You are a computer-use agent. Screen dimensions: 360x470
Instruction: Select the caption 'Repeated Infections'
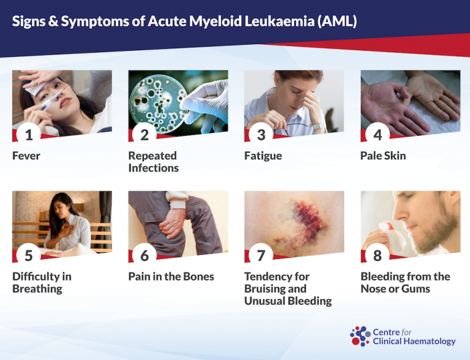[153, 162]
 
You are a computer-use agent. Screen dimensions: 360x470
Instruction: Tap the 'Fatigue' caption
[263, 156]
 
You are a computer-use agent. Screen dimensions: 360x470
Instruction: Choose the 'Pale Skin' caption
[383, 156]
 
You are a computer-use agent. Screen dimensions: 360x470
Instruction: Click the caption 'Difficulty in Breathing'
[42, 282]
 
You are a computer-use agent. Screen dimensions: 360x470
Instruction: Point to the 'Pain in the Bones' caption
[171, 277]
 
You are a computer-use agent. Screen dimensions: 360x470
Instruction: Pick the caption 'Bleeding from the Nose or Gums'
[405, 282]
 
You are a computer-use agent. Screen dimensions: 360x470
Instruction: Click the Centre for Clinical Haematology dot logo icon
[360, 336]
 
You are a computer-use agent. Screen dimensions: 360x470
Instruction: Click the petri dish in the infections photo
[157, 98]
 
